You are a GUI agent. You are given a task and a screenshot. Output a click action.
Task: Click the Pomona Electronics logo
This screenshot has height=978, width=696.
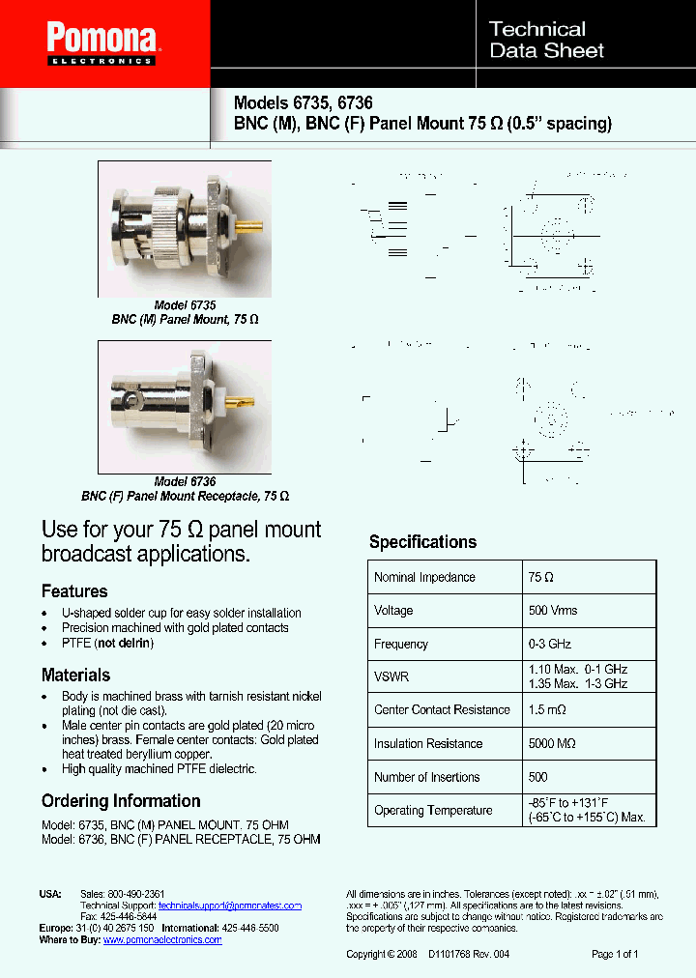(x=104, y=43)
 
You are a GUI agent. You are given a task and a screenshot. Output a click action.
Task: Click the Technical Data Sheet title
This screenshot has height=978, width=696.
(x=546, y=41)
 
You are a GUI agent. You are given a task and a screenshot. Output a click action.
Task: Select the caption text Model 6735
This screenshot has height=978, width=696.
(x=185, y=305)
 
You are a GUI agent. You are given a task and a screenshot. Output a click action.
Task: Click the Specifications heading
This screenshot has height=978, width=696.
(x=422, y=542)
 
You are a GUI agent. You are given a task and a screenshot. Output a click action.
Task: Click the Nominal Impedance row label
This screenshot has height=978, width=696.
(x=424, y=577)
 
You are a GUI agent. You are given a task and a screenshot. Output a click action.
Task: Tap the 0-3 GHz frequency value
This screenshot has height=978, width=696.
(x=549, y=644)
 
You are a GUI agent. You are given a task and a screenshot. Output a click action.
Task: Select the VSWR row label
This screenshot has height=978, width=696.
(x=391, y=676)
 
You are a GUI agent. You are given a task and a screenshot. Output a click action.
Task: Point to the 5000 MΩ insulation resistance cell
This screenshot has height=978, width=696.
(x=552, y=743)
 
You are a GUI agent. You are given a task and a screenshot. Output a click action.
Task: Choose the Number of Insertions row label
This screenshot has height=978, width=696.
(x=426, y=777)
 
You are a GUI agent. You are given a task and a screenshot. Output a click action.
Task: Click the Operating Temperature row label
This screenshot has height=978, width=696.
(x=433, y=810)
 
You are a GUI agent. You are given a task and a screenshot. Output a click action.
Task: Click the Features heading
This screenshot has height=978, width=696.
(x=74, y=591)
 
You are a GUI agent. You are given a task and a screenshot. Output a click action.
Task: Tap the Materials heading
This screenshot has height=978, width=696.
(x=75, y=676)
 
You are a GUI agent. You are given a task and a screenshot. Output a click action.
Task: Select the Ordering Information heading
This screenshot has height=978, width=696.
(x=121, y=801)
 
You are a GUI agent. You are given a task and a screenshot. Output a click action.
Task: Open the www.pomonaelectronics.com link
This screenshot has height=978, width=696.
(x=162, y=939)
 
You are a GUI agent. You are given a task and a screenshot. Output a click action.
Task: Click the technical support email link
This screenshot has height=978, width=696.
(x=229, y=906)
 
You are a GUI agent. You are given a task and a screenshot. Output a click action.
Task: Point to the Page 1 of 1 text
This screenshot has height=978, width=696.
(x=615, y=954)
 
